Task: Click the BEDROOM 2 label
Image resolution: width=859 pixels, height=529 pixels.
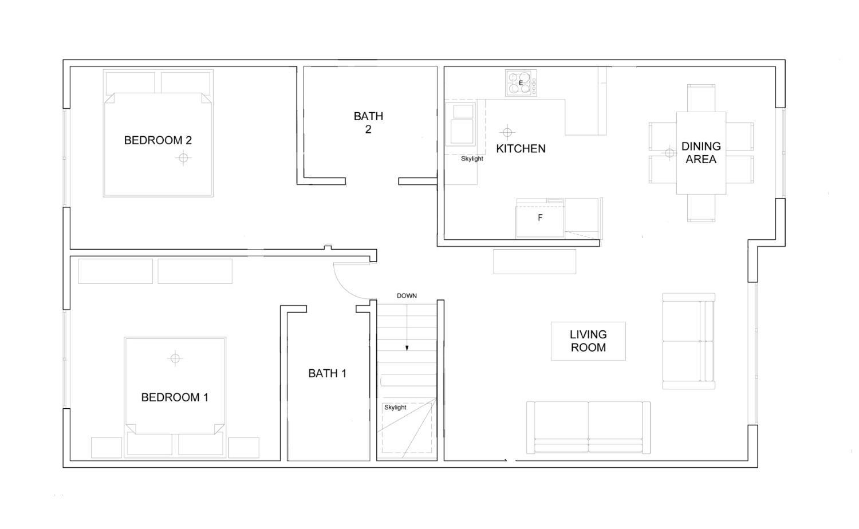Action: pos(157,140)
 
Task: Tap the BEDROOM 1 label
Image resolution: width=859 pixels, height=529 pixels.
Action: pos(175,397)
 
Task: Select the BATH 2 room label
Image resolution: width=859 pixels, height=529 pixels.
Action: pos(368,123)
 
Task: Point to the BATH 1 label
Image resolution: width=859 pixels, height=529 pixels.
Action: pos(327,373)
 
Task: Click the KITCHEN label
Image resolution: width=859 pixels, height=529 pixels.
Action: pos(521,149)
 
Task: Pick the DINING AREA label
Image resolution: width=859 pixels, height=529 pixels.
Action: pos(700,152)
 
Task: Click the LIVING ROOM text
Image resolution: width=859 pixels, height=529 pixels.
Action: pos(588,341)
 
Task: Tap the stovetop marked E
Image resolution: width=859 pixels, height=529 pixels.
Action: pos(521,83)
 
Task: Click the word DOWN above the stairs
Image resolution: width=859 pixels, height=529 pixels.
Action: pos(407,296)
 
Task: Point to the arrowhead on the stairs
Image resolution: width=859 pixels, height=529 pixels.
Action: pos(407,348)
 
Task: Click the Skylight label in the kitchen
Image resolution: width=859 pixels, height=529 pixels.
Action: pos(472,159)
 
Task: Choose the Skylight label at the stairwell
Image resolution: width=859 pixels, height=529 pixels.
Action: pos(395,408)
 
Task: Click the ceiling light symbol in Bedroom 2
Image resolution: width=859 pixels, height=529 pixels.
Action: pos(183,157)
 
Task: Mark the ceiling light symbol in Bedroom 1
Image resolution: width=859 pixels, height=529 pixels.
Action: pos(175,358)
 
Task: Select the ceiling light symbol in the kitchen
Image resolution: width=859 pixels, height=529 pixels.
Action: pos(507,133)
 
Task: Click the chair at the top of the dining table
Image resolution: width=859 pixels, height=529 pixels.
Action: pos(701,98)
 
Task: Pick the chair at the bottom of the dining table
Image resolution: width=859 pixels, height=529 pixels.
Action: pos(701,208)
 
